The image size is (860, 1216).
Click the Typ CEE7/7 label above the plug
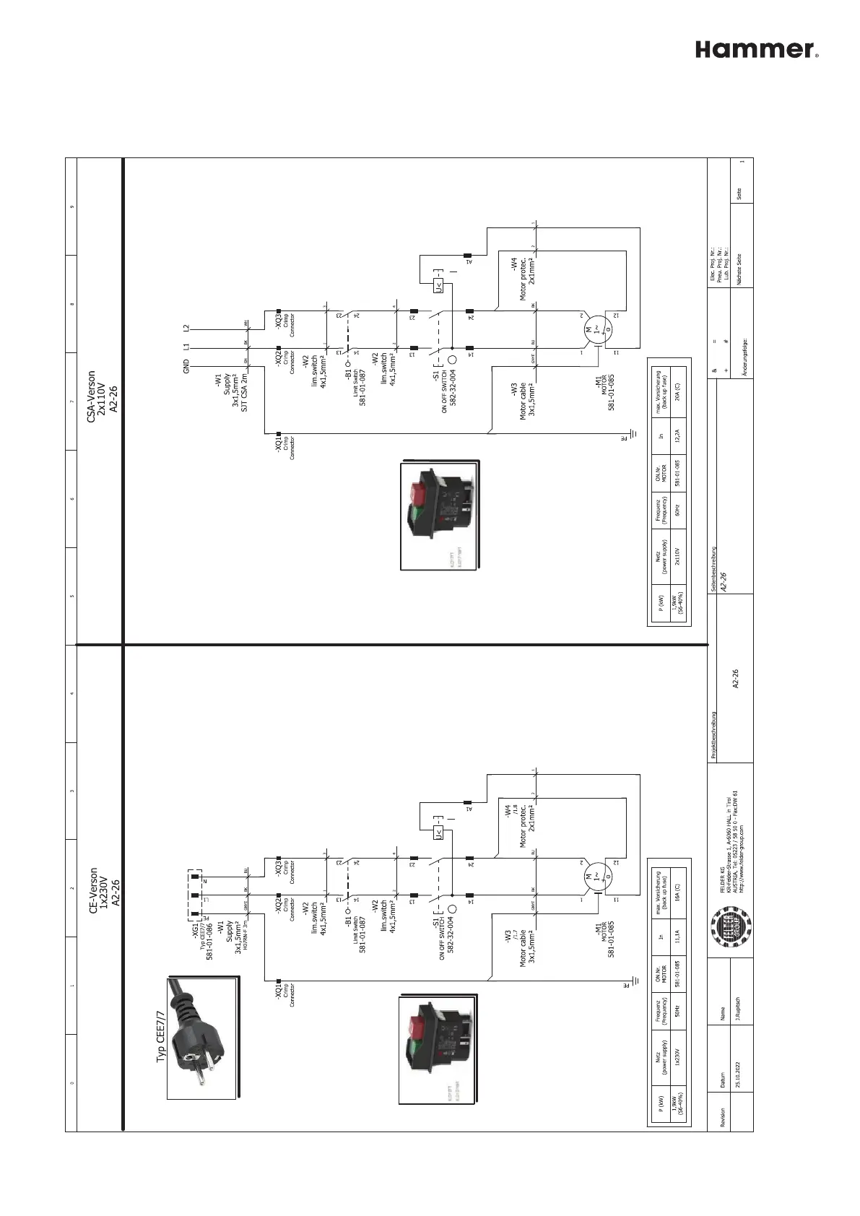point(161,1037)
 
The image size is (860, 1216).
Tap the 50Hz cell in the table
point(676,1010)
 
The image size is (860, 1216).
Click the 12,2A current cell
point(676,435)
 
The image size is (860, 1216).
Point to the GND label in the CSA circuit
point(186,367)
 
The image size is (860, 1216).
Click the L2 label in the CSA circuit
point(186,328)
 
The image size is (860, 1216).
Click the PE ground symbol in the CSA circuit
point(631,435)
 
